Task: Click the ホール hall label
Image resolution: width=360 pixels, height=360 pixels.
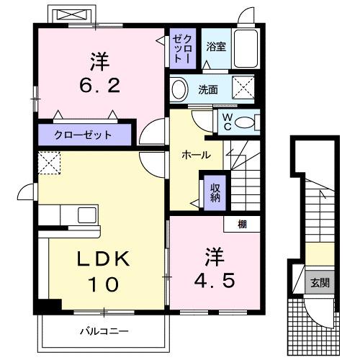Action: [196, 154]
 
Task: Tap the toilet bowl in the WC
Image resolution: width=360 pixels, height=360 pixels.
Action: [246, 123]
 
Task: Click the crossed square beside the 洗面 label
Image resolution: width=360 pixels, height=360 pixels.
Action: [244, 89]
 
